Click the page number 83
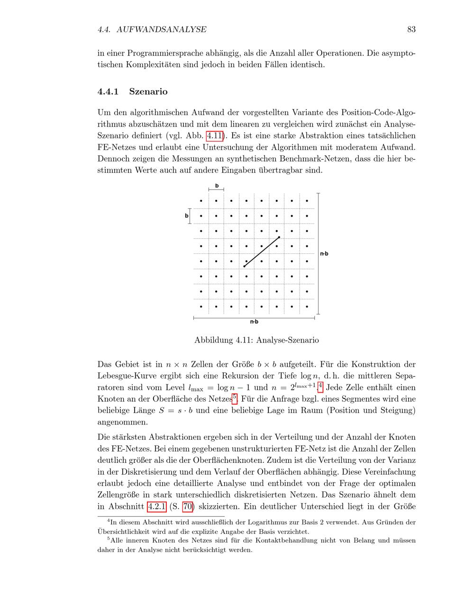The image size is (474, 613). (411, 29)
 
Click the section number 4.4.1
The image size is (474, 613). (109, 91)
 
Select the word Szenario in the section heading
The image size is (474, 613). (148, 91)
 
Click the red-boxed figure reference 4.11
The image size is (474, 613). (215, 135)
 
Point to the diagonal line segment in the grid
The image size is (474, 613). (261, 252)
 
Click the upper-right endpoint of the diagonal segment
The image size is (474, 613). (279, 237)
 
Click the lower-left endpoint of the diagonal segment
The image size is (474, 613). (244, 267)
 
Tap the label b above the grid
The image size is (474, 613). (217, 186)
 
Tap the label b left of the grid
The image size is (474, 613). (186, 216)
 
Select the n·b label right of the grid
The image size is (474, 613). (324, 253)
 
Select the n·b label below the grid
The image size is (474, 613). (254, 322)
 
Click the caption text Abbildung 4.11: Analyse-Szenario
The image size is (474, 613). (256, 340)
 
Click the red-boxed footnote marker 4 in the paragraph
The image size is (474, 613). (320, 387)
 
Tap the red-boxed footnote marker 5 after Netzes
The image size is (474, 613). (235, 397)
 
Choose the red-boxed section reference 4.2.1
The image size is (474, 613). (156, 506)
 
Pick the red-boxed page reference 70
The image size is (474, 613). (188, 506)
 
